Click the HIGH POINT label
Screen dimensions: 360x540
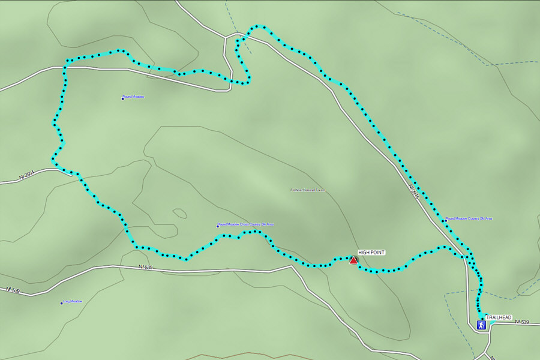tap(371, 253)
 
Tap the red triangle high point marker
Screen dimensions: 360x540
tap(353, 260)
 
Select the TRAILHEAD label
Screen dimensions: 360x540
tap(499, 317)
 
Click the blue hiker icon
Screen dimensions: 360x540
tap(481, 325)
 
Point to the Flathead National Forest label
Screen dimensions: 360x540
tap(307, 190)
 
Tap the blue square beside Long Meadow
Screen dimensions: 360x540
tap(61, 303)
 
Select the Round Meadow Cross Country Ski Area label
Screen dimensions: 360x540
tap(247, 224)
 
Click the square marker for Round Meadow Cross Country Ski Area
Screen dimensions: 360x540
tap(217, 226)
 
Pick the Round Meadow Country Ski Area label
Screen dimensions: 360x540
tap(470, 218)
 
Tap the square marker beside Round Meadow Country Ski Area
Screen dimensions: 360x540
tap(445, 220)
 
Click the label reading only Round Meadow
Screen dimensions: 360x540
tap(134, 97)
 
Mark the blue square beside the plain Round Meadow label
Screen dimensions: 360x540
tap(122, 98)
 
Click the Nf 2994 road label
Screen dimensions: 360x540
tap(28, 176)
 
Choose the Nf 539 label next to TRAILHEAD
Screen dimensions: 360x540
tap(521, 322)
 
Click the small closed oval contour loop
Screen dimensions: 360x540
tap(179, 213)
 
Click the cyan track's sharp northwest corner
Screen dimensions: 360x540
tap(67, 61)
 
